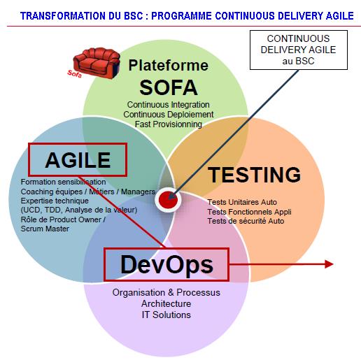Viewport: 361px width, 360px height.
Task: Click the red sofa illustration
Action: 97,62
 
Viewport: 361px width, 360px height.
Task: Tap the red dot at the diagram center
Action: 168,200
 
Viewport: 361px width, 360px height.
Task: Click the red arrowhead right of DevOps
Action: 329,264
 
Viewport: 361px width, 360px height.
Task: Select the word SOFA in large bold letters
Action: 169,87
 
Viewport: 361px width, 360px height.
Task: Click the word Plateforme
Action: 169,65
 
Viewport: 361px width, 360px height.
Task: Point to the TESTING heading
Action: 254,175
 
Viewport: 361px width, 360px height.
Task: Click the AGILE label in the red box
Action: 78,160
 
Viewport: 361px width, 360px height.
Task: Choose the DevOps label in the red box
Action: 167,265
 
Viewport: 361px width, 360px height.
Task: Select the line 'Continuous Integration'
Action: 168,105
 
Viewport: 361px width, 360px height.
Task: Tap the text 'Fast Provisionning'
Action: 169,124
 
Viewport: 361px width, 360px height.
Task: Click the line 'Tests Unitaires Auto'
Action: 242,202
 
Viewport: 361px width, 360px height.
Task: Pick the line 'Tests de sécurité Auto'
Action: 246,221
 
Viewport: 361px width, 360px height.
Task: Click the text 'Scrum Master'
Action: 45,229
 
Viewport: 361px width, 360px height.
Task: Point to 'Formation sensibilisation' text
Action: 63,182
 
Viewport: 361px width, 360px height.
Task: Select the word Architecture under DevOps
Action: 167,303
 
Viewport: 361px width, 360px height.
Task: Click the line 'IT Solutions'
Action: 167,315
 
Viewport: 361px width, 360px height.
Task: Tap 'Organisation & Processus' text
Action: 167,292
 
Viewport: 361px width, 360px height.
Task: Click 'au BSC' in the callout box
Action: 298,61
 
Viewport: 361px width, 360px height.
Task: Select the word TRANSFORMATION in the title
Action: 62,16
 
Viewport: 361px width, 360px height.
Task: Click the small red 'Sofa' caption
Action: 74,73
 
